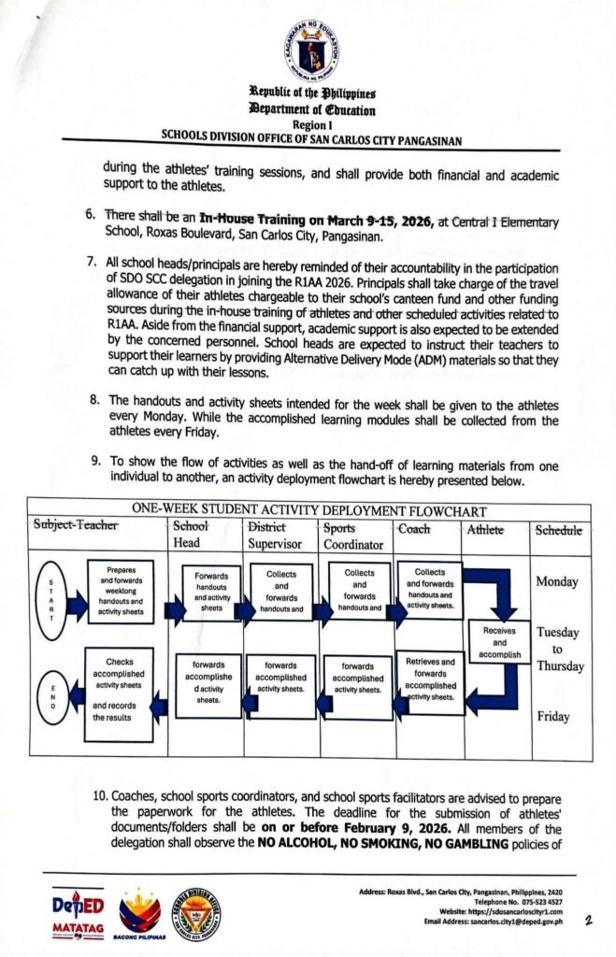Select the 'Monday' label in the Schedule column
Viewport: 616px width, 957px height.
pyautogui.click(x=558, y=581)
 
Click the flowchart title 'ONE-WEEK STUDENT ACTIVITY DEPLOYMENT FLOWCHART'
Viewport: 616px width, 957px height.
pyautogui.click(x=309, y=510)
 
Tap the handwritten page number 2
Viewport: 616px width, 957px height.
pyautogui.click(x=588, y=921)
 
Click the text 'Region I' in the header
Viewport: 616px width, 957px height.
pyautogui.click(x=310, y=123)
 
